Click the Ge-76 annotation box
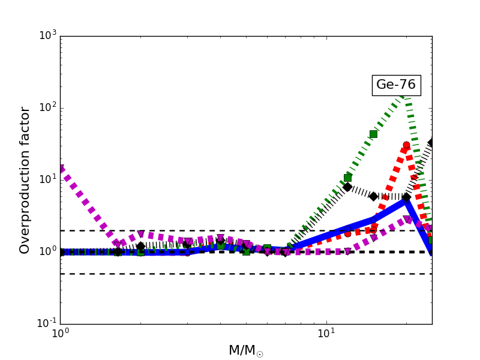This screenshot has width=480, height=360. pos(396,85)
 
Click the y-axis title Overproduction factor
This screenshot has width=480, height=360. pos(25,180)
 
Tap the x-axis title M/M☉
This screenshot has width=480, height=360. pos(245,350)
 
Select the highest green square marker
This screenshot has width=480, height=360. pos(373,134)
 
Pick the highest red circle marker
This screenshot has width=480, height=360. pos(406,145)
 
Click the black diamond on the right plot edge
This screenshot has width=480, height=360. pos(431,143)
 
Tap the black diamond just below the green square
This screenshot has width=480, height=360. pos(347,187)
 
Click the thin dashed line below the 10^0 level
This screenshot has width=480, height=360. pos(180,274)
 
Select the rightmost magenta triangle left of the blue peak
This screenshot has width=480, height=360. pos(374,238)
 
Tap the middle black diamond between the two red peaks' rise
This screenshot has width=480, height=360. pos(373,196)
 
